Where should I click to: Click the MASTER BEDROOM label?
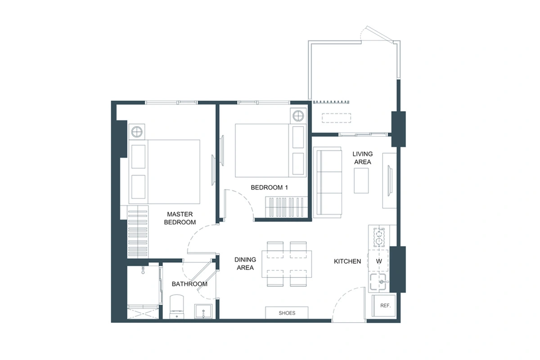pyautogui.click(x=180, y=218)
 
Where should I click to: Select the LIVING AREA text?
pyautogui.click(x=362, y=158)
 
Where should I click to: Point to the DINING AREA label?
pyautogui.click(x=245, y=264)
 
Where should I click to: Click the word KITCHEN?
pyautogui.click(x=347, y=261)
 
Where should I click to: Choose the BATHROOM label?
pyautogui.click(x=189, y=284)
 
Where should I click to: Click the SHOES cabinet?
pyautogui.click(x=287, y=313)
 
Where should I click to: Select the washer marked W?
pyautogui.click(x=379, y=261)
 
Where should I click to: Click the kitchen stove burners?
pyautogui.click(x=379, y=237)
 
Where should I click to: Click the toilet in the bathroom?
pyautogui.click(x=177, y=306)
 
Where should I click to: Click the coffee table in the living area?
pyautogui.click(x=363, y=180)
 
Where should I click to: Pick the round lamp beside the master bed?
pyautogui.click(x=137, y=132)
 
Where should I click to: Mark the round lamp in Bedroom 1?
pyautogui.click(x=298, y=117)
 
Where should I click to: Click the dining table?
pyautogui.click(x=287, y=264)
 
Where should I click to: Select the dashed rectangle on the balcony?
pyautogui.click(x=337, y=117)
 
